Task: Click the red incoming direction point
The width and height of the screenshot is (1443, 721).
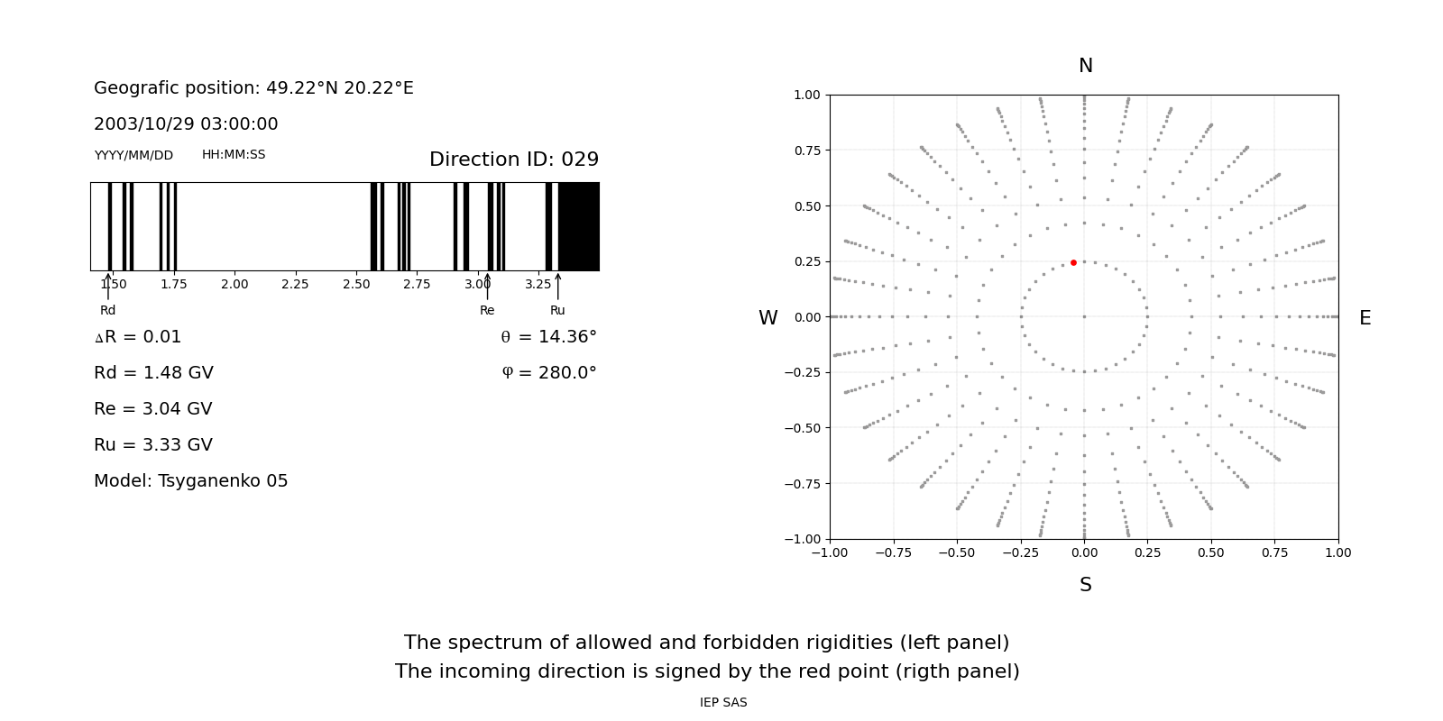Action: [1073, 262]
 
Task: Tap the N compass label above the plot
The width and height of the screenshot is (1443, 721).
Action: [1085, 66]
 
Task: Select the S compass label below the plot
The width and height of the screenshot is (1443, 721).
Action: [1085, 585]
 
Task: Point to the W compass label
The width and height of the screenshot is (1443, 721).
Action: [767, 318]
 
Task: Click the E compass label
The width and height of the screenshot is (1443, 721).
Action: [1365, 318]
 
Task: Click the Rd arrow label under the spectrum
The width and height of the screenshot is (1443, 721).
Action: [107, 310]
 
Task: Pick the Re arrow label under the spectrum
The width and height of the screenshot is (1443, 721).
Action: [487, 310]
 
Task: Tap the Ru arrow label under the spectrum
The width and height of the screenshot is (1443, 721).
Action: [557, 310]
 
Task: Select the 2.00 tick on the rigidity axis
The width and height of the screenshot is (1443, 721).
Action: [234, 284]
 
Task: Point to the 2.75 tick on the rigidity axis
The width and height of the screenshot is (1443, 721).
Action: [417, 284]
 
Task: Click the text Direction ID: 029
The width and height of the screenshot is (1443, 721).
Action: [513, 160]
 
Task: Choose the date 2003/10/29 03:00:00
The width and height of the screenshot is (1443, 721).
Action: [186, 124]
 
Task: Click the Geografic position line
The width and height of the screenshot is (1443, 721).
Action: [253, 88]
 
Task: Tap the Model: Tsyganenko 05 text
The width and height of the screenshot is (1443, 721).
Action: [190, 481]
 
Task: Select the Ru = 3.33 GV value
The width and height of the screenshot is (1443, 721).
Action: [153, 445]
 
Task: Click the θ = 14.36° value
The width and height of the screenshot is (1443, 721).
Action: [548, 337]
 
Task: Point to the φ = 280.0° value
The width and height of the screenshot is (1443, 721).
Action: [548, 373]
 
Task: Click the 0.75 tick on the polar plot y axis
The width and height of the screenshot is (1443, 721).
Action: [806, 151]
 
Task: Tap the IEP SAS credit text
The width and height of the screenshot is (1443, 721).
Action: [722, 702]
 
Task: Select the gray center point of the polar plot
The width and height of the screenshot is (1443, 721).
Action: [1084, 316]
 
